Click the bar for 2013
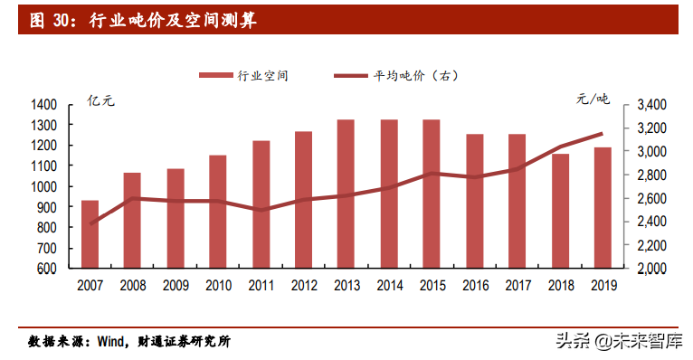346,194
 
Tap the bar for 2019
602,208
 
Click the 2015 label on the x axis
431,285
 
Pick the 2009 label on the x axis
175,285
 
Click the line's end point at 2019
602,134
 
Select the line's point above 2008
132,198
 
